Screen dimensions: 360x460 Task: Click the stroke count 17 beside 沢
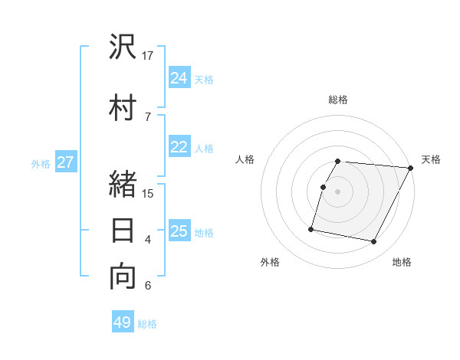(x=148, y=56)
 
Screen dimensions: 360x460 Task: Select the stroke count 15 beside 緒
(x=148, y=193)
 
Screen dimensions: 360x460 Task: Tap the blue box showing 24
(x=179, y=78)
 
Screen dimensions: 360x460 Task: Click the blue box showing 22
(x=179, y=148)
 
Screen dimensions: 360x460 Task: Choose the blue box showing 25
(x=179, y=231)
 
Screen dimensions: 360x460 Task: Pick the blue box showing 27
(x=65, y=162)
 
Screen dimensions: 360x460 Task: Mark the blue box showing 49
(x=123, y=322)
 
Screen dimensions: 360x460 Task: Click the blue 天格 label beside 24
(x=204, y=79)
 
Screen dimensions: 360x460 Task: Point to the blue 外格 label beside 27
(x=41, y=163)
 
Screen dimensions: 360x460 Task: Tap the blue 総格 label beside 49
(x=147, y=323)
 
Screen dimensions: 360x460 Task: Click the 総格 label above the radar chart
(x=338, y=100)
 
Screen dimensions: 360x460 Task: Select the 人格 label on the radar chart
(x=245, y=159)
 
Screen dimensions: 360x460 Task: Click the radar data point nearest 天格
(x=411, y=168)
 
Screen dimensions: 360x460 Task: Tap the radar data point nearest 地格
(x=374, y=242)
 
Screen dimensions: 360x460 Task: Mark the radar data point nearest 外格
(x=311, y=228)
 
